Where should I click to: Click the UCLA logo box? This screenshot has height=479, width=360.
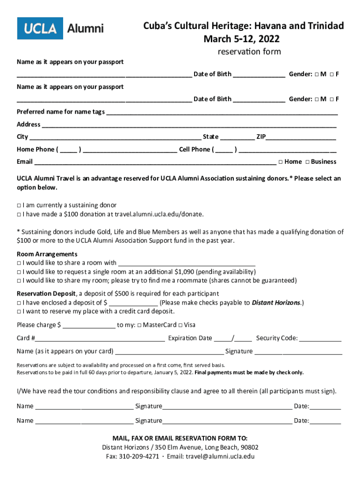(40, 29)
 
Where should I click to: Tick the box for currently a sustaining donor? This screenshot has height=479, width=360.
(19, 205)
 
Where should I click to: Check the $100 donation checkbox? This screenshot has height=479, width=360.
(19, 214)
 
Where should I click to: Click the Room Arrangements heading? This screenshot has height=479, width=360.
(41, 254)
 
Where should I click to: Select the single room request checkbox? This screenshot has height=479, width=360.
(19, 272)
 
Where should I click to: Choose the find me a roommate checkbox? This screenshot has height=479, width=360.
(19, 281)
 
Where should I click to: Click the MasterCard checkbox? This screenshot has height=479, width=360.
(139, 325)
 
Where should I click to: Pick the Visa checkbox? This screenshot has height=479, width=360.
(180, 325)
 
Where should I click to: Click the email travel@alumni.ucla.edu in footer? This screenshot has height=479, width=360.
(220, 457)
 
